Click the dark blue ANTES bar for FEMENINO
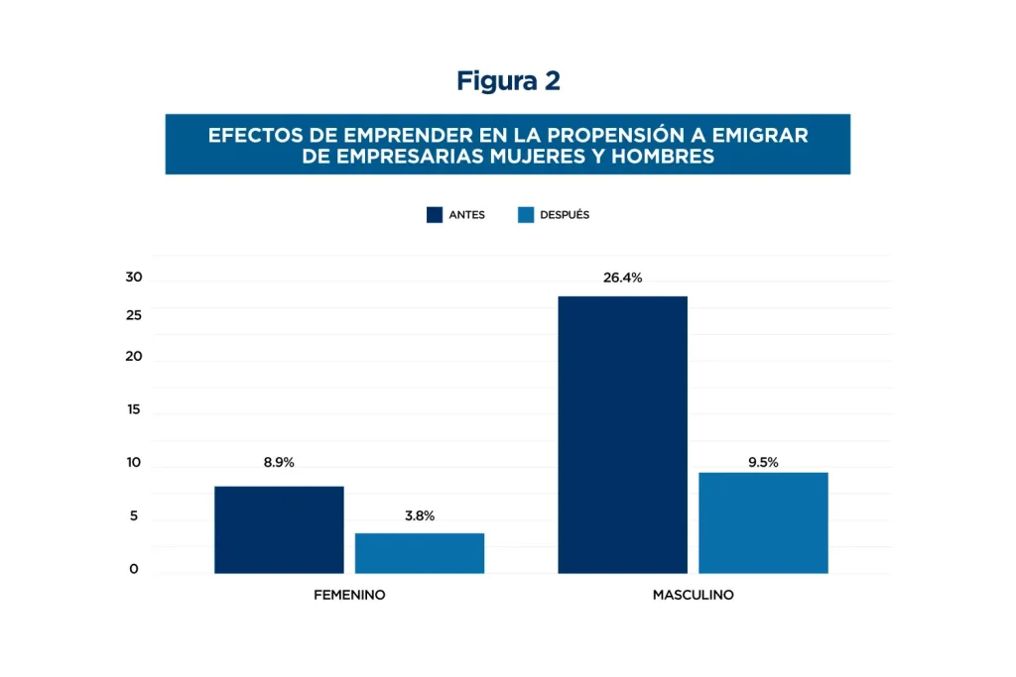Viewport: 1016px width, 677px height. pos(279,529)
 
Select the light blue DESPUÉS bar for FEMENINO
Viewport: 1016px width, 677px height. pos(420,553)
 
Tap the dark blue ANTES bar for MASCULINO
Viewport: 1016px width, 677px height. pos(622,434)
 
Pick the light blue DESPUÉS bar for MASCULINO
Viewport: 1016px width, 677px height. pos(763,522)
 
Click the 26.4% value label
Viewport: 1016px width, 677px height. pos(622,278)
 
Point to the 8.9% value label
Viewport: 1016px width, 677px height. pos(279,463)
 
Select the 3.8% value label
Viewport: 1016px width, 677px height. pos(420,515)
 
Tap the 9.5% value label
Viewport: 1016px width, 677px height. pos(763,462)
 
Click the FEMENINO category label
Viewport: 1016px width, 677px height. pos(349,596)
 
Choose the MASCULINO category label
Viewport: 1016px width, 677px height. pos(693,596)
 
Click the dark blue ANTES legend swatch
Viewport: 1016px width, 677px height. pos(435,215)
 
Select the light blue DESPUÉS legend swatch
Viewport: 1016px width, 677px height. pos(526,215)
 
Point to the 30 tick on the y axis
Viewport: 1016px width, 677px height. pos(134,278)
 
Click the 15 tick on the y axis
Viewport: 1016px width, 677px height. pos(134,409)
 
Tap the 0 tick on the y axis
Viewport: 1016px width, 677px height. pos(134,570)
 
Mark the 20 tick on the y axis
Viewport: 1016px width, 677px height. pos(134,357)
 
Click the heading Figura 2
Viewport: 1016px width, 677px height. pos(508,81)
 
